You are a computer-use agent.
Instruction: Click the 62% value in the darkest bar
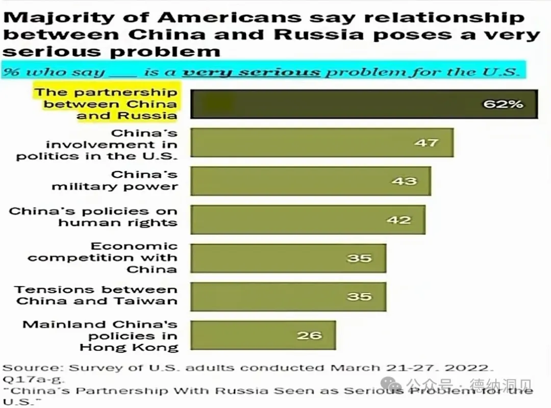click(503, 104)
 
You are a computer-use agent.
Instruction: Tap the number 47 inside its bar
click(426, 142)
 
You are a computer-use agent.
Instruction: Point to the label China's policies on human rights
click(93, 217)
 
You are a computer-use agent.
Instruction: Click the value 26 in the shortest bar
click(309, 335)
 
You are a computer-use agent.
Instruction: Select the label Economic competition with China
click(102, 258)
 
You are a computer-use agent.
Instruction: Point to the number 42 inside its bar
click(398, 220)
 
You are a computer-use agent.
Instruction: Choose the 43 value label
click(404, 181)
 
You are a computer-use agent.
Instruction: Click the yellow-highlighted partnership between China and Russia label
click(106, 104)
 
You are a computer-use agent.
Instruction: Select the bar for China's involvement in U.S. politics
click(321, 142)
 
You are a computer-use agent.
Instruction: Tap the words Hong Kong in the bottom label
click(129, 348)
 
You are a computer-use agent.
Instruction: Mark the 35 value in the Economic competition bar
click(359, 258)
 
